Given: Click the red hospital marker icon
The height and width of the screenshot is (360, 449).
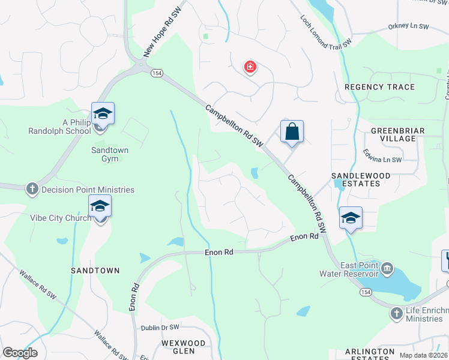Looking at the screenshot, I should coord(250,67).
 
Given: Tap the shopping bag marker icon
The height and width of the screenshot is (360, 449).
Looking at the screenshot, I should coord(292,131).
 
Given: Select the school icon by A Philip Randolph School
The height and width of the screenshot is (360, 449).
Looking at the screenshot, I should coord(103,113).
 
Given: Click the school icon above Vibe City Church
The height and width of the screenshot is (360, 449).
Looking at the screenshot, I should coord(100,207).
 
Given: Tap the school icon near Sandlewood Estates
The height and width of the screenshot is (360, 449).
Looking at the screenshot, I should coord(351,217).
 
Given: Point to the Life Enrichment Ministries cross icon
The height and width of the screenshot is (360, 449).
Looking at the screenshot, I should coord(396,314).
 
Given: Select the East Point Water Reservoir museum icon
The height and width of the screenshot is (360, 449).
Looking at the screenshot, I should coord(387,267).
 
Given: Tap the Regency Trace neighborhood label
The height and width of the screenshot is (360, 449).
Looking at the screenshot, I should coord(379,87).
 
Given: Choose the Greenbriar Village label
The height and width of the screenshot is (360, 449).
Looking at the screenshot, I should coord(393,134).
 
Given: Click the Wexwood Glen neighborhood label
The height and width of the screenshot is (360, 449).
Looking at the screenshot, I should coord(184,346).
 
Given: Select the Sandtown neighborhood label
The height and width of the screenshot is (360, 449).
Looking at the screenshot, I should coord(95,271).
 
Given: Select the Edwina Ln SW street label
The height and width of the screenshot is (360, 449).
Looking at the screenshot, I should coord(382,159).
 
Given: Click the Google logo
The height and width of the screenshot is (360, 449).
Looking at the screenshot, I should coord(20,352).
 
